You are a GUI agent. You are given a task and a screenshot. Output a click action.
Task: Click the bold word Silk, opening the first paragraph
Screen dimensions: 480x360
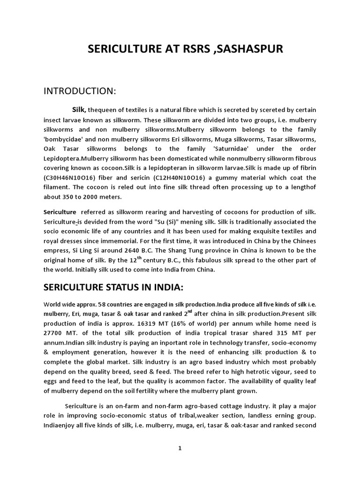point(79,109)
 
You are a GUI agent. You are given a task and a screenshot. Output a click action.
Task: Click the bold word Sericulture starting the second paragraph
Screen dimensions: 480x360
point(60,212)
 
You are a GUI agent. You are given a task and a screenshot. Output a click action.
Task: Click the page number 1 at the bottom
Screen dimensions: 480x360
point(180,448)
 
